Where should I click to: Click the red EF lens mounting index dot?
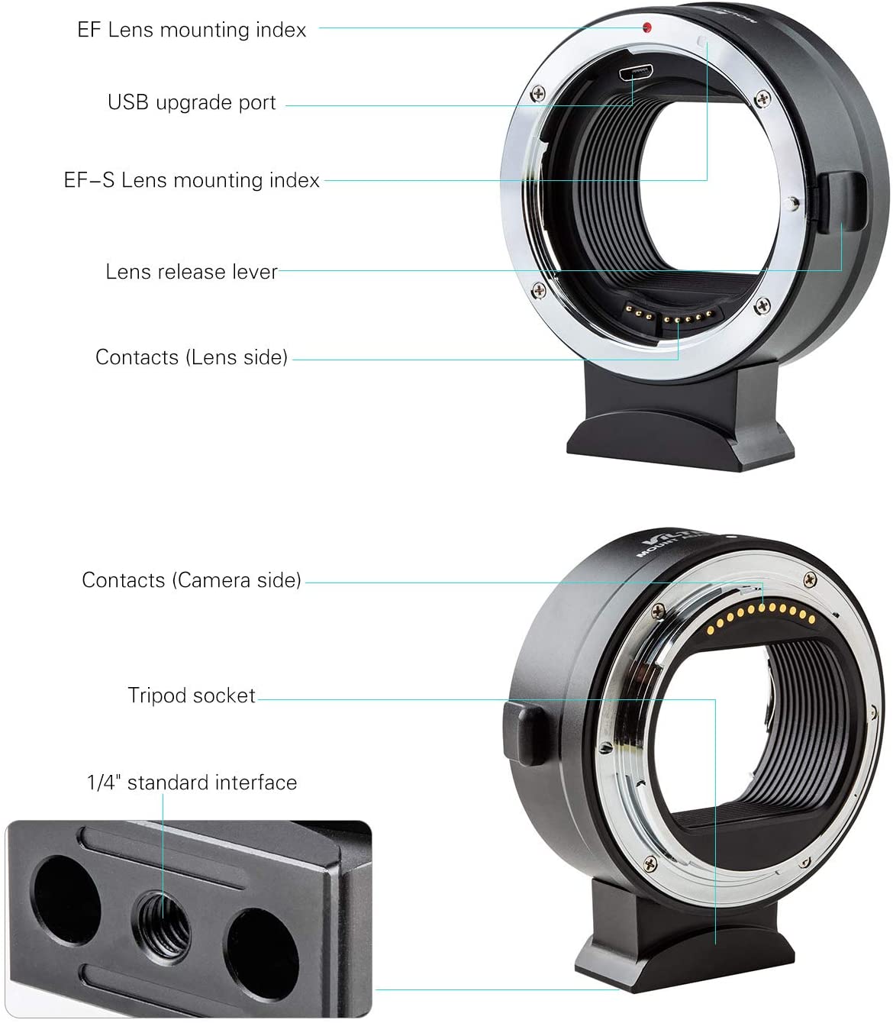(x=646, y=27)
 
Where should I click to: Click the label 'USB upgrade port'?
(x=192, y=102)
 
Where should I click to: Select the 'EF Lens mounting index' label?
(x=192, y=30)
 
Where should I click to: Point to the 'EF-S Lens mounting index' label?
(x=192, y=180)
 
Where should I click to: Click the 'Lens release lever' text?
(x=192, y=272)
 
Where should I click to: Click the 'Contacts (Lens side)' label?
(x=192, y=357)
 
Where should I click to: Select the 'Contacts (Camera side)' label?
(x=192, y=580)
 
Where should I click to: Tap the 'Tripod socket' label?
(x=192, y=695)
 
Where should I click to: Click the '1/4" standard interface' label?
(x=192, y=783)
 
